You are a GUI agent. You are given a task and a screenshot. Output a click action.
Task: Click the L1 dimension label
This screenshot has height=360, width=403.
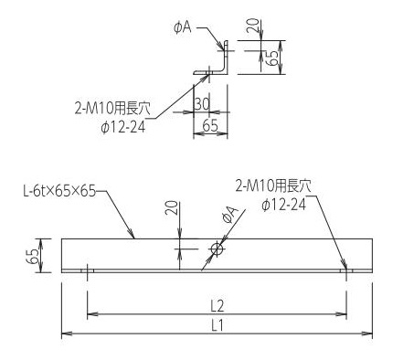[217, 326]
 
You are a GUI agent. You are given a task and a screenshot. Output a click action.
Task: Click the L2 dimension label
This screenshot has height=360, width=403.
[217, 306]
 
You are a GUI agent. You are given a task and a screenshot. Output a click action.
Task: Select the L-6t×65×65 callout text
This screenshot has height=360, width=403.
[59, 192]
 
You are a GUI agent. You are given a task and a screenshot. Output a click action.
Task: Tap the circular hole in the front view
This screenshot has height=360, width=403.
[217, 249]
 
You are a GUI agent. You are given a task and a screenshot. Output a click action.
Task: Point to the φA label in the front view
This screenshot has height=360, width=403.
[230, 215]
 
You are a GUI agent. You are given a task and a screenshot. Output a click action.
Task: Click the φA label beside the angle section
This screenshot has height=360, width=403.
[183, 27]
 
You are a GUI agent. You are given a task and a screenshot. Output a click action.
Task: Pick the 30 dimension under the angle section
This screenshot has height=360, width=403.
[202, 104]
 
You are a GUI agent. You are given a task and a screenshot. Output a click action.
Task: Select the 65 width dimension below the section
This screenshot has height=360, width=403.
[210, 125]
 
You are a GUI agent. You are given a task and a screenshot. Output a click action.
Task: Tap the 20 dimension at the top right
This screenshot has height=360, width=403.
[253, 26]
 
